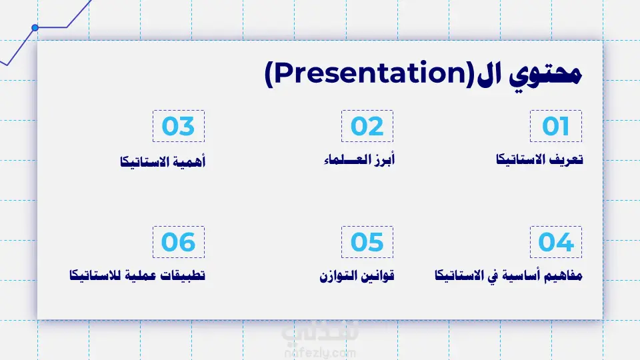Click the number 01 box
(x=556, y=126)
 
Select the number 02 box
(x=367, y=126)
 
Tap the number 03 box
(x=179, y=126)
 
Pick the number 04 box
(x=556, y=242)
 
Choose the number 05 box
(x=367, y=242)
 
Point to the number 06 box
(x=179, y=242)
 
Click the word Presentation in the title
(x=370, y=73)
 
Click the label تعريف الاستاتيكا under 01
(x=539, y=159)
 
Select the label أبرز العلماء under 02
(x=359, y=159)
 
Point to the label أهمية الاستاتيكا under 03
(x=163, y=161)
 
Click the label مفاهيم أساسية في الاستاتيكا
(x=509, y=275)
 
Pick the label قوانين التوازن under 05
(x=357, y=276)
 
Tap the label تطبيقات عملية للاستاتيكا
(x=137, y=275)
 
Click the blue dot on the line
(x=35, y=28)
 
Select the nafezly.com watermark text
(x=320, y=353)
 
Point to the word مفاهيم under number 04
(x=566, y=275)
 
